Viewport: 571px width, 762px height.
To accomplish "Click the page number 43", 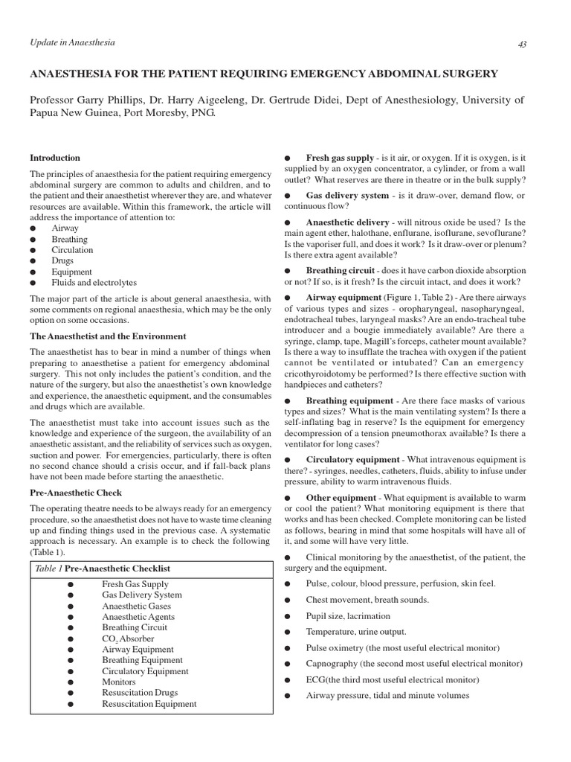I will [x=522, y=44].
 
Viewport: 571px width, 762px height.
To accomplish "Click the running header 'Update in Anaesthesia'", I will [x=72, y=42].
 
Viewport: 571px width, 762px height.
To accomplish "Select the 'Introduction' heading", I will [x=54, y=158].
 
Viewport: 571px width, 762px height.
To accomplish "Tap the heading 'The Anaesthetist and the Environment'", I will [x=108, y=336].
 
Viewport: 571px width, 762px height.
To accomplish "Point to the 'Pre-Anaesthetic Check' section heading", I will [x=76, y=493].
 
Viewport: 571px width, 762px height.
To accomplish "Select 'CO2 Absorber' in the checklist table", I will [x=128, y=638].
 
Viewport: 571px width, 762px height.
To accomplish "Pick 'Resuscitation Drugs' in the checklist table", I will [x=140, y=692].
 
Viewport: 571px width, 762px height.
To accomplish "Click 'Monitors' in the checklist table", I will [x=119, y=682].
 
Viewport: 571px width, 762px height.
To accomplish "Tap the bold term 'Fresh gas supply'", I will [x=339, y=158].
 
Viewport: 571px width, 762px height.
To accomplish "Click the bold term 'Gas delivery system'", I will [x=347, y=196].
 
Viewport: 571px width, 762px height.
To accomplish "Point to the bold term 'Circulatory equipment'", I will [x=352, y=460].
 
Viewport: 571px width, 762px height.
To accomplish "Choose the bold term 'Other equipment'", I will [x=341, y=498].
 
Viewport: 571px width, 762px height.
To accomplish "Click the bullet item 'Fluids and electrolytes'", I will [x=94, y=283].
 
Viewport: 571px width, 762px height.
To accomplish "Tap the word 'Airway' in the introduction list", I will [x=65, y=228].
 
